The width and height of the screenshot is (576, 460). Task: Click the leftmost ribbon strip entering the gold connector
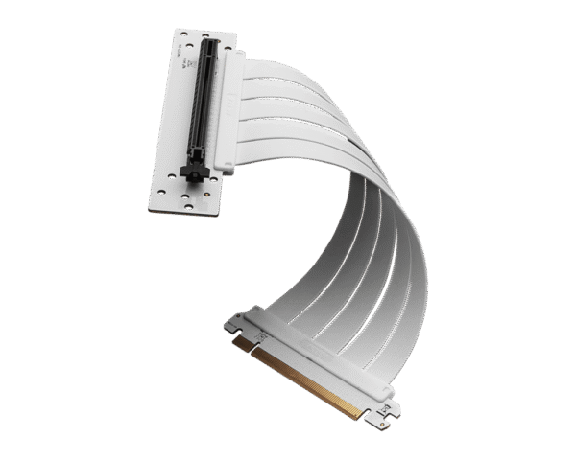(288, 307)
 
